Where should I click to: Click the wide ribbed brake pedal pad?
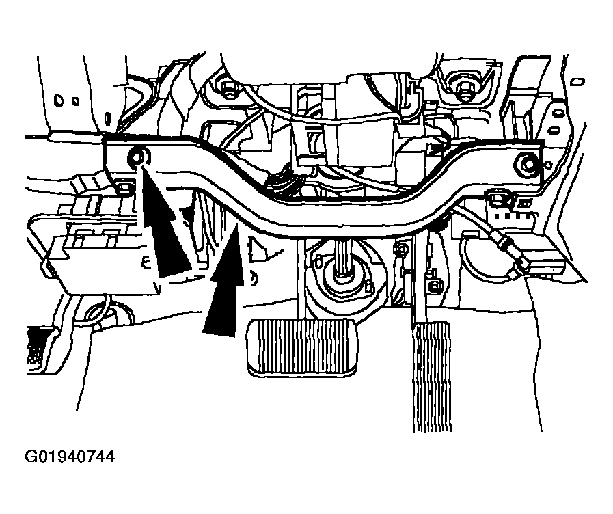[303, 347]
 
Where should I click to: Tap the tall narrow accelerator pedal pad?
[432, 377]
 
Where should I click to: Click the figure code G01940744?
[70, 457]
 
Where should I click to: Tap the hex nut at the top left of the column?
[226, 87]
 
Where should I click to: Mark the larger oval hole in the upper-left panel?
[59, 100]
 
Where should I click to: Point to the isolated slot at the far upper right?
[578, 81]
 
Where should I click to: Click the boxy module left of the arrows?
[98, 250]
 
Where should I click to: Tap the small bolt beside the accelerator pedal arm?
[433, 288]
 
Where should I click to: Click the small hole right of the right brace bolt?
[549, 165]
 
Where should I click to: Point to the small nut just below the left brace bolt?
[124, 187]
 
